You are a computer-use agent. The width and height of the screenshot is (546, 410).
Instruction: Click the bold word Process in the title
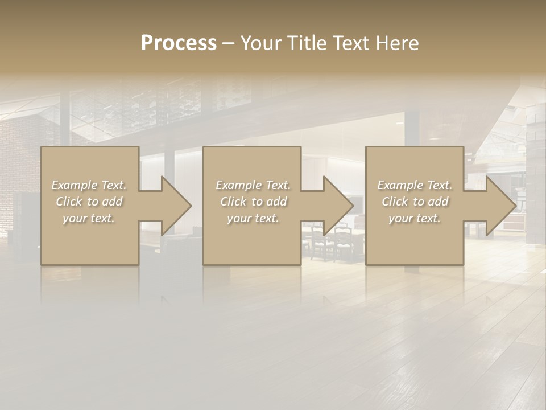tap(179, 43)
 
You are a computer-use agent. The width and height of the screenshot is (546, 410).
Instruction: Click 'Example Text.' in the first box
tap(89, 185)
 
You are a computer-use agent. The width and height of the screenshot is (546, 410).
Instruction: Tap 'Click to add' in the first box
tap(89, 202)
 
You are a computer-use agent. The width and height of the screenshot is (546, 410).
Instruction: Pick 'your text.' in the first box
tap(89, 218)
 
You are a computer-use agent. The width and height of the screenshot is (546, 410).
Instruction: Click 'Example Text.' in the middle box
tap(253, 185)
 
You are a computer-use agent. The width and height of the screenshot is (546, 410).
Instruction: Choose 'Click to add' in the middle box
tap(253, 202)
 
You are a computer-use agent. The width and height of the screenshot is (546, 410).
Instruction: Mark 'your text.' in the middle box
tap(253, 218)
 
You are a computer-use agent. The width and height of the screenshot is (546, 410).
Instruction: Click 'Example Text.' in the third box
tap(414, 185)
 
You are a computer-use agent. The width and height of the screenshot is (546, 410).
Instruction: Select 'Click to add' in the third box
tap(414, 202)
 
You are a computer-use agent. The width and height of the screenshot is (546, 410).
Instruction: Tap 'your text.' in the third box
tap(414, 218)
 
